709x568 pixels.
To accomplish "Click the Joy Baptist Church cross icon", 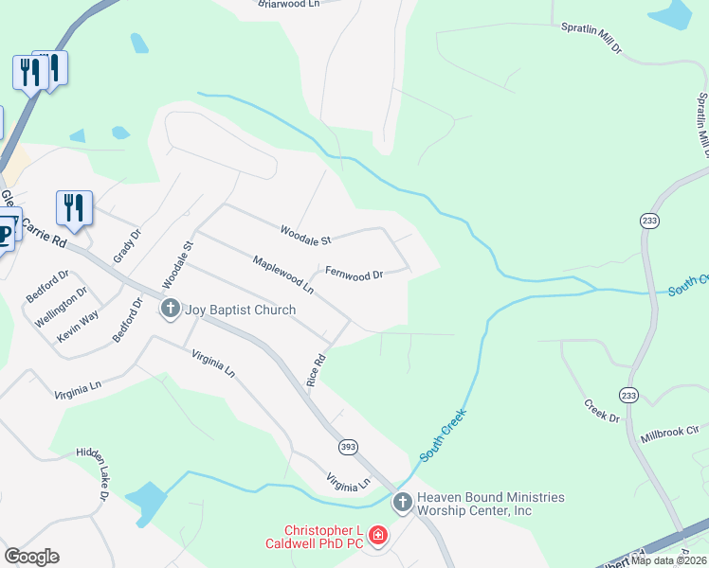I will (x=171, y=309).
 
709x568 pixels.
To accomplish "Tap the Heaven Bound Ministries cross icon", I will (x=402, y=502).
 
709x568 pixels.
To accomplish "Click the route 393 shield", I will (x=347, y=445).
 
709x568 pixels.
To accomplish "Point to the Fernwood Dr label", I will (x=354, y=275).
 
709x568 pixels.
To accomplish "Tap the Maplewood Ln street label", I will (x=282, y=272).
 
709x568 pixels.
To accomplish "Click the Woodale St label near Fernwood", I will (x=304, y=231).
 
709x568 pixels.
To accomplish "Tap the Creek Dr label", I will (x=602, y=410).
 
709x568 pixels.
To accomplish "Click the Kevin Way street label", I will (x=77, y=326).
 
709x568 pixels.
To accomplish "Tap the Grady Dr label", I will (x=127, y=246).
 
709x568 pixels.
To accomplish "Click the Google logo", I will (x=31, y=557).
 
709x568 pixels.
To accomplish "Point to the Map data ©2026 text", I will (x=669, y=560).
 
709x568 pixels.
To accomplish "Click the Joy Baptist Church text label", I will (x=240, y=310).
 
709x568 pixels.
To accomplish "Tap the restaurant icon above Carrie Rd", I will (x=73, y=207).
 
